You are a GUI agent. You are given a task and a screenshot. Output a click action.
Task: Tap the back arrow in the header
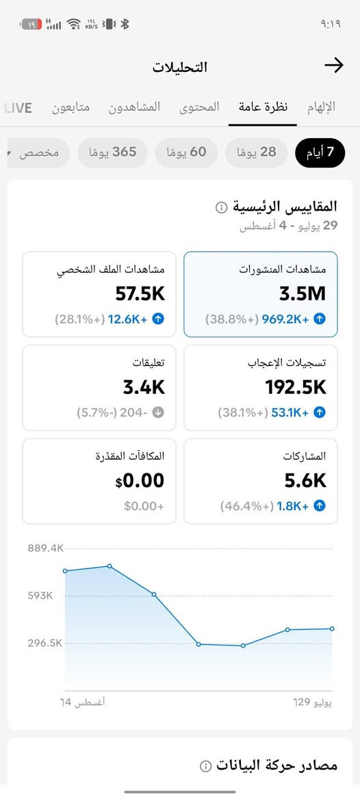[334, 65]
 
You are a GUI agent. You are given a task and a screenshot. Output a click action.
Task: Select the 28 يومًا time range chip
[257, 153]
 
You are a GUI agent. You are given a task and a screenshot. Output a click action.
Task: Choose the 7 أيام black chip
[320, 153]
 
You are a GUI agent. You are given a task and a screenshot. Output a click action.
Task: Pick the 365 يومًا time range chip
[113, 153]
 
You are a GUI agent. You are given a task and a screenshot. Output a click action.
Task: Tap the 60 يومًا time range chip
[187, 153]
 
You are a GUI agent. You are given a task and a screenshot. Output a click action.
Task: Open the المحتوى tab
[199, 107]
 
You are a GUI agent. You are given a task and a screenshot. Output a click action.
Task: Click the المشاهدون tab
[134, 107]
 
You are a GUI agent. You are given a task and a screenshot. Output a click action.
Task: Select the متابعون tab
[70, 107]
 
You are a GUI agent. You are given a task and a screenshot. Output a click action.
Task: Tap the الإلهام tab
[321, 107]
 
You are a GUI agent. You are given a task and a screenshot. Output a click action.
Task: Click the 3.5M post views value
[303, 293]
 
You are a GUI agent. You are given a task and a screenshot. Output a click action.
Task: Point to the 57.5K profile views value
[140, 293]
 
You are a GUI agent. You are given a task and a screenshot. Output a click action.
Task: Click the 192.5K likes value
[296, 387]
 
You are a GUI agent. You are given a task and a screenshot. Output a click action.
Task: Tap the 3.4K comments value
[144, 387]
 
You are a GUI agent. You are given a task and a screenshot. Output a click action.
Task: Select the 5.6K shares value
[305, 480]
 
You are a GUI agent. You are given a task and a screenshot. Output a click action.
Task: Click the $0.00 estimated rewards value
[140, 480]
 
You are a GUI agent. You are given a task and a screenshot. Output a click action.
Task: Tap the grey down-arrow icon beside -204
[158, 412]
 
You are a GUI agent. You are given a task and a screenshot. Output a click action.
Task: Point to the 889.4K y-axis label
[46, 549]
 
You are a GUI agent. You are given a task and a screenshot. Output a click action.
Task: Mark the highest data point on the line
[109, 566]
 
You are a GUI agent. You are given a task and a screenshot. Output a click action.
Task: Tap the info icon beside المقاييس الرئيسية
[221, 207]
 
